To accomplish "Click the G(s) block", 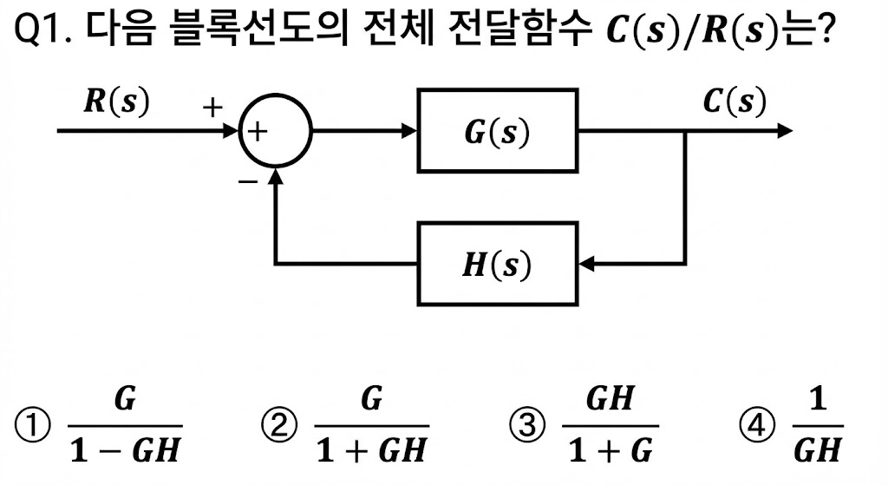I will tap(498, 131).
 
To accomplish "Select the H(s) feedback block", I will tap(497, 264).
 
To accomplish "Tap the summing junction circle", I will tap(275, 132).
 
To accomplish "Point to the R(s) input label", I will tap(116, 102).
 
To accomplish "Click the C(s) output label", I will tap(734, 102).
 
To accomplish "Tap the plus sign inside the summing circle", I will tap(258, 132).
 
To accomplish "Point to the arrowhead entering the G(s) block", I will tap(410, 131).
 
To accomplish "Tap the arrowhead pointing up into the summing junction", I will tap(275, 177).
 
